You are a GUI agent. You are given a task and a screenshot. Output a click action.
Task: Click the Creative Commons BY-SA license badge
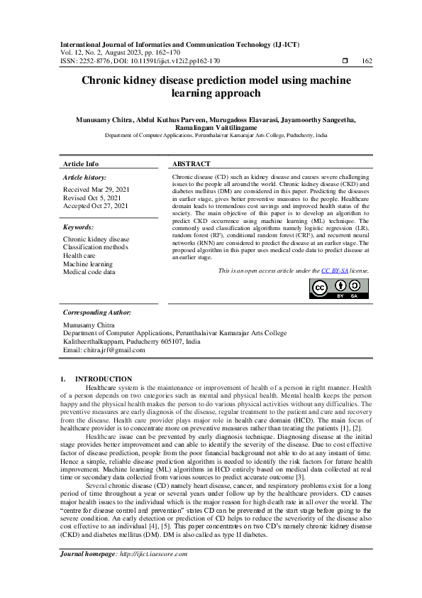pyautogui.click(x=339, y=288)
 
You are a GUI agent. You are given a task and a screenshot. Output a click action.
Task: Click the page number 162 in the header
pyautogui.click(x=367, y=61)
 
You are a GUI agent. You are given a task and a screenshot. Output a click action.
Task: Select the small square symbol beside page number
pyautogui.click(x=345, y=61)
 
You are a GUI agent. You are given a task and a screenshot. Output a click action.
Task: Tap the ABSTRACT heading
pyautogui.click(x=191, y=163)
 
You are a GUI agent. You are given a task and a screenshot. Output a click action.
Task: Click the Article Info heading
pyautogui.click(x=81, y=163)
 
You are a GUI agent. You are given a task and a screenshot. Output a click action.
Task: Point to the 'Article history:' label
pyautogui.click(x=85, y=177)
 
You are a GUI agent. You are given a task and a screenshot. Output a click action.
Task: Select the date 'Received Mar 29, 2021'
pyautogui.click(x=96, y=190)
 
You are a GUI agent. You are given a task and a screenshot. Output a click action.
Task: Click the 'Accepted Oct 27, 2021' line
pyautogui.click(x=96, y=205)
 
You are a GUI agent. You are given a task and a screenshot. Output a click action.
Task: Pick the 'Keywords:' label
pyautogui.click(x=79, y=227)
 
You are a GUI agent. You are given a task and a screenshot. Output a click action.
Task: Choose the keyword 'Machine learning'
pyautogui.click(x=88, y=263)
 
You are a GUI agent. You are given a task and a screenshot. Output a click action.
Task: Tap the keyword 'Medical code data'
pyautogui.click(x=89, y=271)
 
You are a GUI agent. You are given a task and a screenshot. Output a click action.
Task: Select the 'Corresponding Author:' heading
pyautogui.click(x=97, y=312)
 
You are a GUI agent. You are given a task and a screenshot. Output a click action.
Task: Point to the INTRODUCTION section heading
pyautogui.click(x=104, y=379)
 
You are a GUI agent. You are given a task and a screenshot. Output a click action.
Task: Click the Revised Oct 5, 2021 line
pyautogui.click(x=91, y=197)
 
